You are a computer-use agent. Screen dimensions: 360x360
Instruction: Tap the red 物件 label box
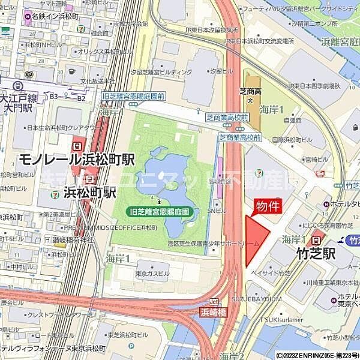click(x=269, y=206)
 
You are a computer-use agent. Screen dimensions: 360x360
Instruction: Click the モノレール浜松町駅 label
click(x=76, y=159)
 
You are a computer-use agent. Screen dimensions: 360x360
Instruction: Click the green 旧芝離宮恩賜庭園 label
click(x=160, y=211)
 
